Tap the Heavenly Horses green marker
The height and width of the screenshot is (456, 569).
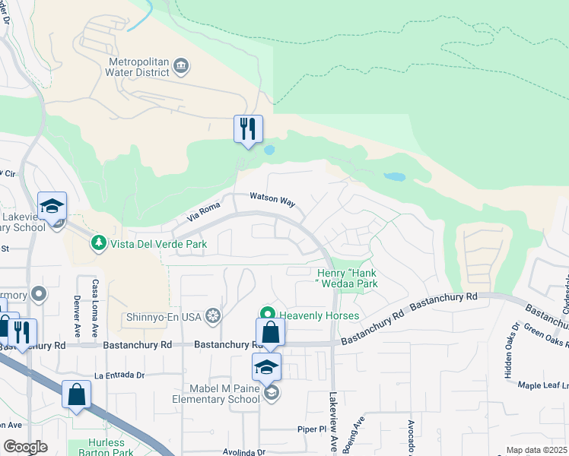click(267, 314)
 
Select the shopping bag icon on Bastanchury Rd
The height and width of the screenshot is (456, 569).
click(270, 332)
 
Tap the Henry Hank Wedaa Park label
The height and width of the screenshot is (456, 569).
click(347, 278)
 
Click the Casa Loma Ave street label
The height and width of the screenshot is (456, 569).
click(96, 298)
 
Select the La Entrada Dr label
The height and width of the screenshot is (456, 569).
click(119, 375)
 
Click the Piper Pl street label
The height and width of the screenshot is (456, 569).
click(312, 429)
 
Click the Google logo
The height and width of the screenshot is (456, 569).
click(26, 447)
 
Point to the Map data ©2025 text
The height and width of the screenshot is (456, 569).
click(536, 450)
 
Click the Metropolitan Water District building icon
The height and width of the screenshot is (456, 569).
click(181, 66)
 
